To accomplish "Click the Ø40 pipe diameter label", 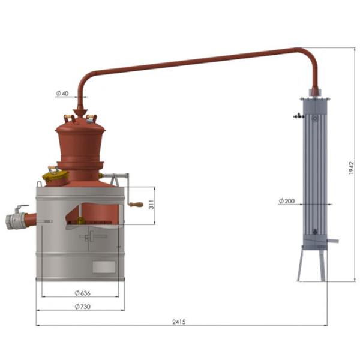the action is click(x=62, y=94).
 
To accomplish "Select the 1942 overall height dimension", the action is click(x=351, y=168).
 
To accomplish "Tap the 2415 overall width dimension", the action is click(x=179, y=322).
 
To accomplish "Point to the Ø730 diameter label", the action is click(x=83, y=307).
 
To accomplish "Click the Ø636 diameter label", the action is click(x=83, y=293).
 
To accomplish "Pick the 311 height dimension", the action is click(x=152, y=204).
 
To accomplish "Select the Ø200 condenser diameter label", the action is click(x=287, y=201).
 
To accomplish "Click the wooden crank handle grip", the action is click(x=136, y=204).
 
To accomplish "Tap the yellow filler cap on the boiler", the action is click(x=55, y=175).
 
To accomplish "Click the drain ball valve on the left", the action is click(x=16, y=218).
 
